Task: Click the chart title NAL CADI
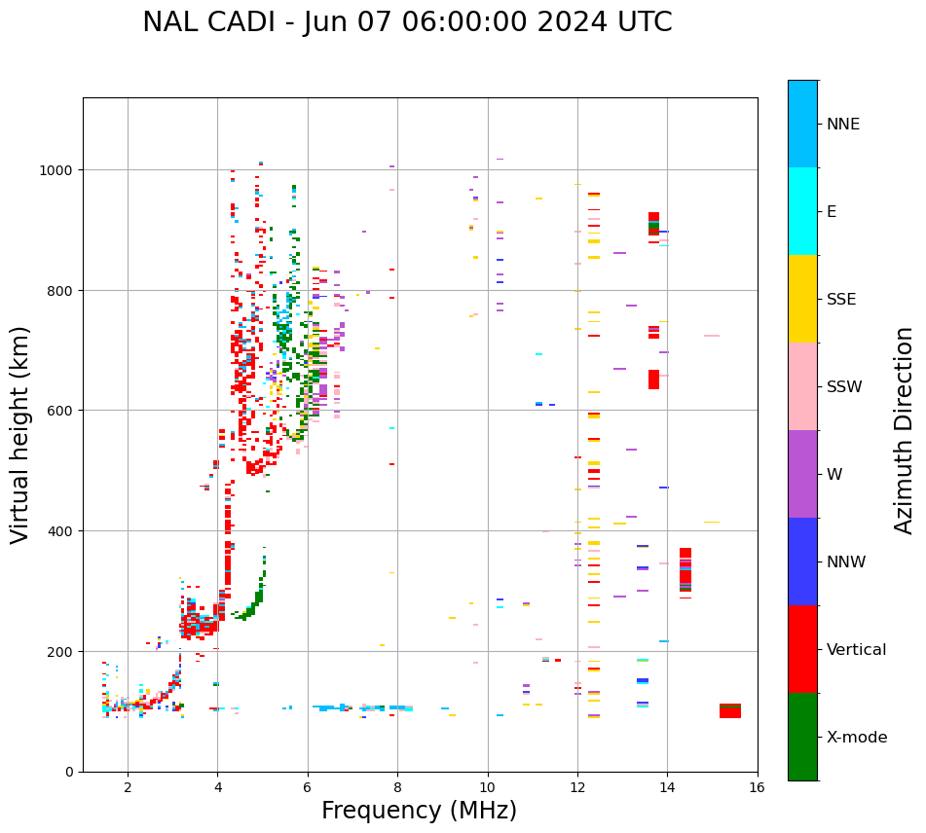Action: [x=407, y=22]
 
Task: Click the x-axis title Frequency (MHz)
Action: [x=419, y=811]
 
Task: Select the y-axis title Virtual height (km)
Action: [x=20, y=434]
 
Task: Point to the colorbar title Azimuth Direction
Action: [x=905, y=430]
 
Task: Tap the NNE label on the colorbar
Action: [x=843, y=124]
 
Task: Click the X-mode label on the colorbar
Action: [x=857, y=737]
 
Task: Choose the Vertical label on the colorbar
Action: [x=856, y=649]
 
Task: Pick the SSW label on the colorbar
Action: [x=844, y=386]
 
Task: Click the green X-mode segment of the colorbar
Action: [x=802, y=737]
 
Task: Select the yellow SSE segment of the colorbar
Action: [x=802, y=299]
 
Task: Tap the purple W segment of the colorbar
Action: [x=802, y=474]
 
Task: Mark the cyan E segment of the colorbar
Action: [x=802, y=211]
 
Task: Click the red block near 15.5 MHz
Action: [x=730, y=711]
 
